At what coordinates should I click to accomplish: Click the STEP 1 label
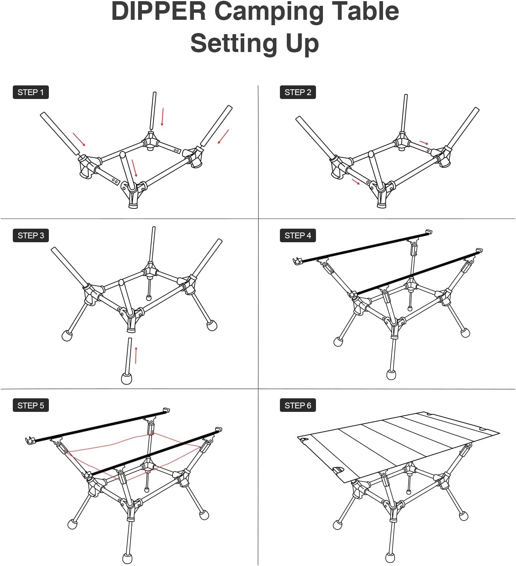tap(31, 92)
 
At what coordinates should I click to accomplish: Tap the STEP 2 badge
tap(298, 92)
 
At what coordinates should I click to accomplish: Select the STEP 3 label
tap(31, 235)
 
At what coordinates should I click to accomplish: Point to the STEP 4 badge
tap(298, 235)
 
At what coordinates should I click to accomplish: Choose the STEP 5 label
tap(31, 405)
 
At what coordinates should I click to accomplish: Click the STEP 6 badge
tap(298, 405)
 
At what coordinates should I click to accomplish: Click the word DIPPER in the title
tap(159, 12)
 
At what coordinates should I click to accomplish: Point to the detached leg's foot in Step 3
tap(127, 378)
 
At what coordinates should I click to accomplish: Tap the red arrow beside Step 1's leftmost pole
tap(79, 139)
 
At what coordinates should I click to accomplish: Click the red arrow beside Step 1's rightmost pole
tap(223, 137)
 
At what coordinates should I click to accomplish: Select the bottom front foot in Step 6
tap(390, 557)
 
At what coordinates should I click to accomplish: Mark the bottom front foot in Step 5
tap(127, 558)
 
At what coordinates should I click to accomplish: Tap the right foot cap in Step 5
tap(204, 515)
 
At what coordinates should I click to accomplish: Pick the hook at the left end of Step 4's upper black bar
tap(297, 261)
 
